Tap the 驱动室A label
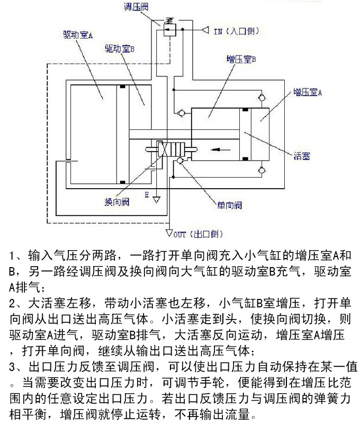click(78, 36)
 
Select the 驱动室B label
click(119, 48)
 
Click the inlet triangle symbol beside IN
click(204, 31)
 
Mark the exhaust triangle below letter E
click(157, 201)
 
